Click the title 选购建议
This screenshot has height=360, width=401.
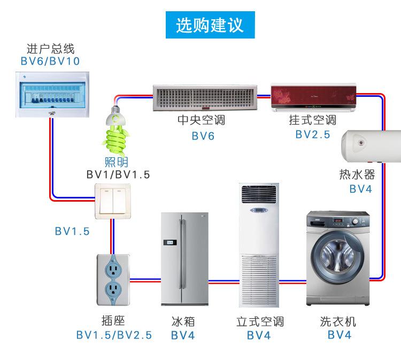pyautogui.click(x=209, y=25)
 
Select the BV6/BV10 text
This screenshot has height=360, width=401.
pyautogui.click(x=50, y=62)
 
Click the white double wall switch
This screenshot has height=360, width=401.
pyautogui.click(x=112, y=201)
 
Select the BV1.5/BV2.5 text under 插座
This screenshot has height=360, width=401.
pyautogui.click(x=114, y=335)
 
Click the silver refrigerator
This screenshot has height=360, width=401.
pyautogui.click(x=185, y=258)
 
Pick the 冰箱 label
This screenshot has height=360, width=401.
pyautogui.click(x=183, y=321)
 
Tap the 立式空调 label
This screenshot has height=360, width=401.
pyautogui.click(x=260, y=321)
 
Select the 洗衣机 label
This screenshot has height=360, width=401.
pyautogui.click(x=338, y=321)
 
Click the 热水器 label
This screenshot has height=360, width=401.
pyautogui.click(x=357, y=175)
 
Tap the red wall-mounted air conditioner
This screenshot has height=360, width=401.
pyautogui.click(x=313, y=97)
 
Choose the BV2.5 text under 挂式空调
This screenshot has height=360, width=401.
pyautogui.click(x=313, y=134)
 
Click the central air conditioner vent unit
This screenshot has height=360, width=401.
pyautogui.click(x=205, y=98)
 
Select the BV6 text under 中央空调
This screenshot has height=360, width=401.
pyautogui.click(x=203, y=136)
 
